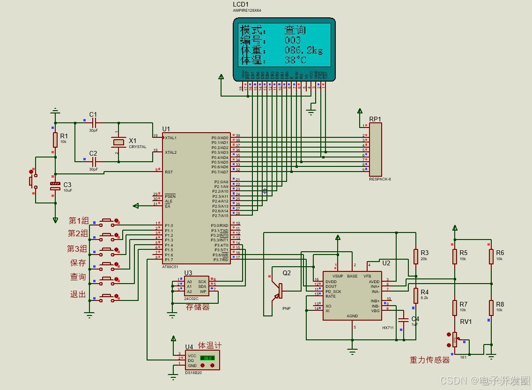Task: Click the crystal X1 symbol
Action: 119,142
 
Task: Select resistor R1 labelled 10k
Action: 55,140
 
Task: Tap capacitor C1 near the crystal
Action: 94,123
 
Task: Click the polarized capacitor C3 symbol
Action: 55,186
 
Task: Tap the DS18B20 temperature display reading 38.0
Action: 207,358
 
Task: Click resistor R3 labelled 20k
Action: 415,256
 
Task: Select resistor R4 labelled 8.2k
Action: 415,295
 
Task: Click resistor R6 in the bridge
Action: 491,256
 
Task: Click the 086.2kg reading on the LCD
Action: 303,50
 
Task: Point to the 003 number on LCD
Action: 293,40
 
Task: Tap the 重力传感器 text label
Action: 429,360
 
